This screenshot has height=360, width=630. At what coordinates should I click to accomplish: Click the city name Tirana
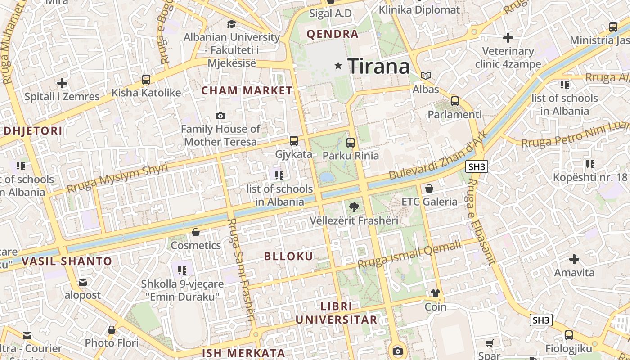pos(378,67)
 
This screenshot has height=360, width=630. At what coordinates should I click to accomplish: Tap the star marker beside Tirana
pos(338,66)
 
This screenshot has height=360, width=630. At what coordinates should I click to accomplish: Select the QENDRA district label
pos(333,34)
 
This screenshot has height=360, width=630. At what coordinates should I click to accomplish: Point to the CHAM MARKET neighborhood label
pos(247,90)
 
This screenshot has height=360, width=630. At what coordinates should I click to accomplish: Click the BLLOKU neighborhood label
pos(288,256)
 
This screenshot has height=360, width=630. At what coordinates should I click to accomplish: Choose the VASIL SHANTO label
pos(67,261)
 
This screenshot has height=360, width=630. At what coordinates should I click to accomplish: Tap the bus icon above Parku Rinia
pos(351,143)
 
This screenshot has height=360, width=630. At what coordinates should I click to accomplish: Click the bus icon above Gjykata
pos(294,141)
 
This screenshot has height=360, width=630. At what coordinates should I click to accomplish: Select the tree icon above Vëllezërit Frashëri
pos(354,207)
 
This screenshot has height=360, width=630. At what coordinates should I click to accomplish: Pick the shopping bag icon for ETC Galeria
pos(429,189)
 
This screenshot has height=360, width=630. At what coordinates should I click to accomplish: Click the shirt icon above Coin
pos(435,293)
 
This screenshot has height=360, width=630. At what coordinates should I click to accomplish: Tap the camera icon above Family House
pos(220,116)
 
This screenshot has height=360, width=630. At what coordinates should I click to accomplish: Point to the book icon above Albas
pos(426,76)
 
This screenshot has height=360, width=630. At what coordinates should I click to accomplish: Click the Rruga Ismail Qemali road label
pos(409,255)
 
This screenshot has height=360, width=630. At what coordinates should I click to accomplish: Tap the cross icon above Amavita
pos(574,259)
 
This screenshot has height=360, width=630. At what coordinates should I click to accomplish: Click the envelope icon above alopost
pos(83,282)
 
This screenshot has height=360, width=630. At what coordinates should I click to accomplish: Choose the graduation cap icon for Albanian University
pos(231,24)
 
